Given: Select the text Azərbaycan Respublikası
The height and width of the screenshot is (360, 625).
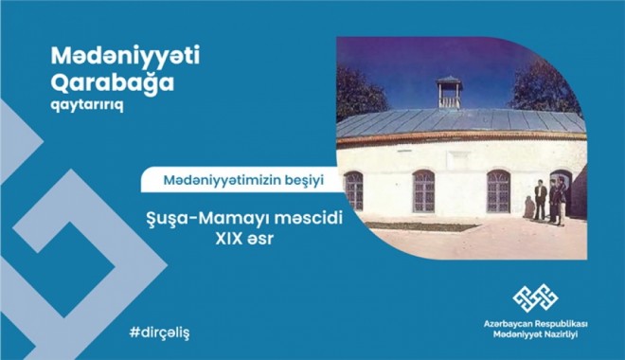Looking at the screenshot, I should (x=535, y=324).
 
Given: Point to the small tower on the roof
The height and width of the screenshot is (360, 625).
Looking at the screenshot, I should (x=449, y=93).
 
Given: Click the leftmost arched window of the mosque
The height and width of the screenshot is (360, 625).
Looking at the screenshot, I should (x=353, y=190).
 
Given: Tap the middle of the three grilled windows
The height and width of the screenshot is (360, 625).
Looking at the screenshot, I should (x=424, y=190).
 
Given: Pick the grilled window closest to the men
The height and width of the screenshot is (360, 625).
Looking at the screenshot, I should (x=498, y=190).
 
